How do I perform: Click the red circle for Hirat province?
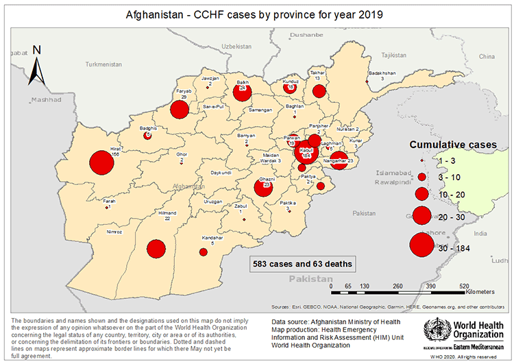pyautogui.click(x=101, y=165)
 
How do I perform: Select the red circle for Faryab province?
pyautogui.click(x=180, y=110)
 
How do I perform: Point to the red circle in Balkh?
pyautogui.click(x=243, y=93)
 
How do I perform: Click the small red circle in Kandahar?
pyautogui.click(x=203, y=252)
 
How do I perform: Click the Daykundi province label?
pyautogui.click(x=221, y=173)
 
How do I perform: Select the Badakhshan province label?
pyautogui.click(x=382, y=72)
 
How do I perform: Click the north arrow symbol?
pyautogui.click(x=38, y=63)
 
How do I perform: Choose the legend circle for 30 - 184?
pyautogui.click(x=421, y=245)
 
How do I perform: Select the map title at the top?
pyautogui.click(x=256, y=14)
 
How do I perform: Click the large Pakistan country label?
pyautogui.click(x=310, y=279)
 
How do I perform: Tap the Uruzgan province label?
pyautogui.click(x=213, y=202)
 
